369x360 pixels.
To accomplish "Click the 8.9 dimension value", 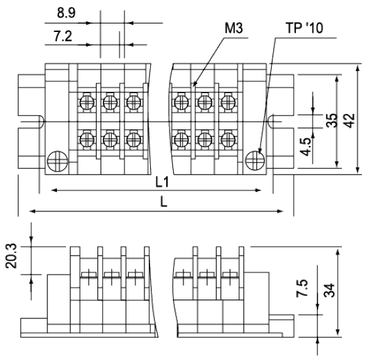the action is point(66,13).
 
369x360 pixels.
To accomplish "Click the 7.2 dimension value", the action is point(63,36).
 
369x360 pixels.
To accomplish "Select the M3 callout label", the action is point(233,28).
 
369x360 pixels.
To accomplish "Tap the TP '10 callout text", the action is point(304,28).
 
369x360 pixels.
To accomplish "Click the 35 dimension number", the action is point(332,120).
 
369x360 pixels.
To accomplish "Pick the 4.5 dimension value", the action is point(306,147).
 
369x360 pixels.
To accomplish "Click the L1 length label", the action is point(163,182).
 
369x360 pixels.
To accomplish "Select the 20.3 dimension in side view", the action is point(11,256).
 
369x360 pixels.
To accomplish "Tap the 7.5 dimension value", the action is point(302,288).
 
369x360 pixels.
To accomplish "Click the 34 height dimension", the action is point(329,291).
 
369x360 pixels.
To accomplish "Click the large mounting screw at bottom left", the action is point(58,161).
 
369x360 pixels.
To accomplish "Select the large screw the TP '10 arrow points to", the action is point(255,161).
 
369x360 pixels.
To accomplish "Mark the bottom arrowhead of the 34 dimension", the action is point(338,333).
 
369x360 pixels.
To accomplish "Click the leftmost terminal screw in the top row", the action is point(87,102).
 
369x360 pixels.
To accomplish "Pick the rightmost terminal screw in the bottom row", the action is point(228,139).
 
